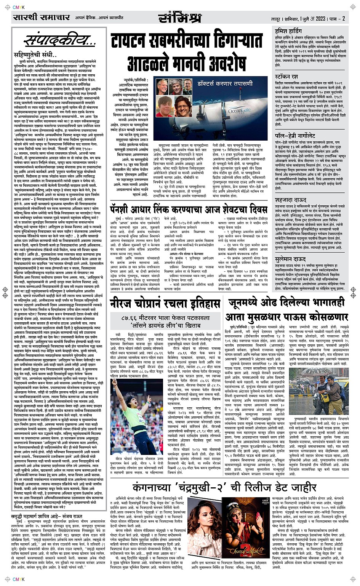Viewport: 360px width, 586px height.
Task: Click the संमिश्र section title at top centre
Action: point(179,18)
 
